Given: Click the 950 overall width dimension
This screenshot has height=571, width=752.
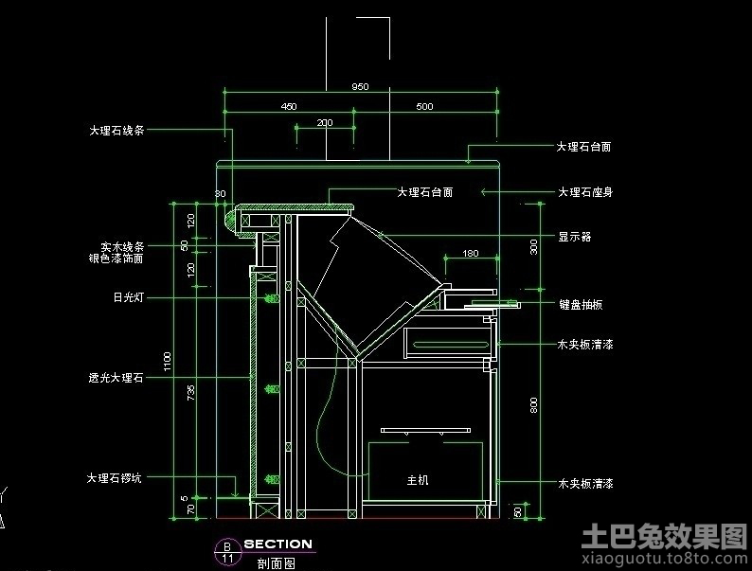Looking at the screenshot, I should point(360,86).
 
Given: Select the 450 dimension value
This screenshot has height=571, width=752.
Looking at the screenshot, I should point(289,106).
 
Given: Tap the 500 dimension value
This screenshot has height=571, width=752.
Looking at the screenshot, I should point(424,106).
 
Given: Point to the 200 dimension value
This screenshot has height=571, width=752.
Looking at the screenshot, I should point(325,122).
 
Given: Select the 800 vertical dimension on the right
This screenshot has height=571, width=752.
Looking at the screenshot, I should point(533,404).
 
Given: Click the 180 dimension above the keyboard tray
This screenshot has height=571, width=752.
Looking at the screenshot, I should point(470,253).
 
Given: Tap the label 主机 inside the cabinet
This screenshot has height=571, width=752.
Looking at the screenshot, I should point(418,480).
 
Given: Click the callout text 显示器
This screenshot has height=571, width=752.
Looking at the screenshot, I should point(574,237).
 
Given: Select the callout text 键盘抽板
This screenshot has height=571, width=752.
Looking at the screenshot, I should point(581,304).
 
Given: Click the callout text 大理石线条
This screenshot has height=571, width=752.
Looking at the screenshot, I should point(116,130).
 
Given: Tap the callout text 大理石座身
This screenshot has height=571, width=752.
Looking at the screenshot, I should point(584,192).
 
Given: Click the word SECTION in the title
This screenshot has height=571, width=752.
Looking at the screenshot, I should point(278,544).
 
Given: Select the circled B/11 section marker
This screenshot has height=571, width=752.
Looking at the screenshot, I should point(227,551).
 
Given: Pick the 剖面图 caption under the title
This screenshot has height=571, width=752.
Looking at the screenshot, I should point(276,562).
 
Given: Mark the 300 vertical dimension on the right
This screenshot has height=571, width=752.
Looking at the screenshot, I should point(533,246).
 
